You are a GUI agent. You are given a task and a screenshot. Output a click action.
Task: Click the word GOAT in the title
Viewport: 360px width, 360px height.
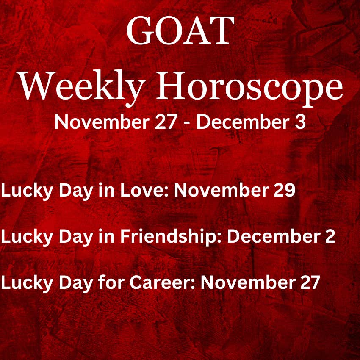pyautogui.click(x=180, y=30)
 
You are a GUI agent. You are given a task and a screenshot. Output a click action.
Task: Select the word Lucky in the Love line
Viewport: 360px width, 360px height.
pyautogui.click(x=27, y=191)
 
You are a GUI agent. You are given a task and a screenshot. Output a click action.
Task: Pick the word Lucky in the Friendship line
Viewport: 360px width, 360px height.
pyautogui.click(x=27, y=237)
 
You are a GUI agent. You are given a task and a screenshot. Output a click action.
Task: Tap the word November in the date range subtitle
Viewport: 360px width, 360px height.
pyautogui.click(x=102, y=122)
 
